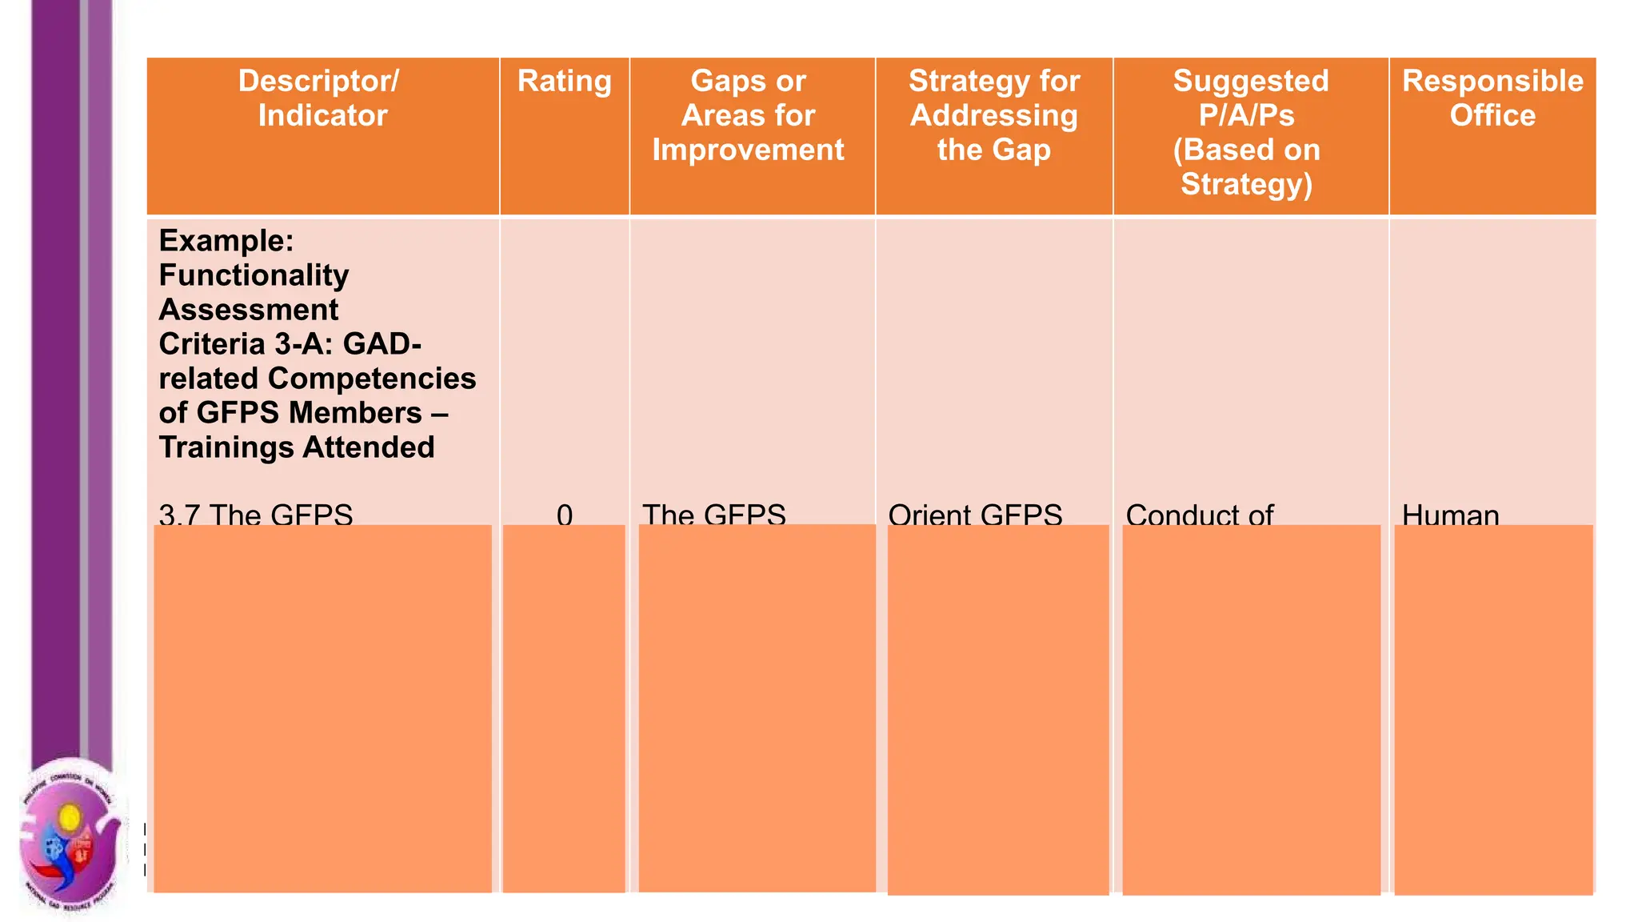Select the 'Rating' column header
564,82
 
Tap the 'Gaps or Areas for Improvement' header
748,115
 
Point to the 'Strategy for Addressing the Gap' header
993,115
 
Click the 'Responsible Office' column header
1492,98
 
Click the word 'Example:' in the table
226,241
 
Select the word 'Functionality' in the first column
254,275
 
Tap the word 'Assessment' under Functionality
248,310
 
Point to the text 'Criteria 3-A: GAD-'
290,344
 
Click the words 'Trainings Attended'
296,447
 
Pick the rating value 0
565,514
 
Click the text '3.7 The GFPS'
255,514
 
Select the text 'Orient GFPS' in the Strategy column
975,514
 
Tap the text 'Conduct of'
1199,514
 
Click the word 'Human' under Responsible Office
1450,514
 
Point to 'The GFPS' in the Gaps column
713,514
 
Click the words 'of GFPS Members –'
303,413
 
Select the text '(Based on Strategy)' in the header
1246,167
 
